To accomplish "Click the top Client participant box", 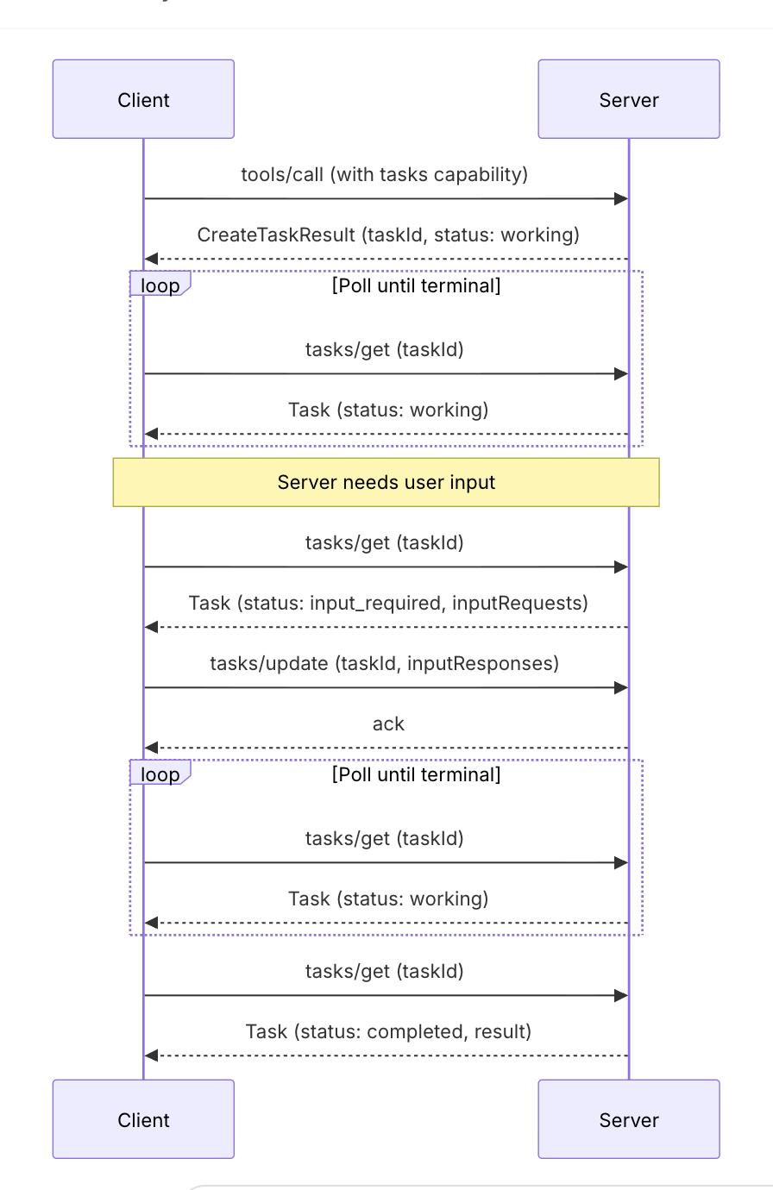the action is (143, 99).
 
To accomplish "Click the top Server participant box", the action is (628, 99).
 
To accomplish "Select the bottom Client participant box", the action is (143, 1118).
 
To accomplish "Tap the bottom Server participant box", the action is (628, 1118).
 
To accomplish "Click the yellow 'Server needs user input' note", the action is (386, 482).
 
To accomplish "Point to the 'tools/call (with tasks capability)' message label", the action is (385, 174).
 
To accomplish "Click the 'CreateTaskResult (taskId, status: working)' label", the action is (388, 235).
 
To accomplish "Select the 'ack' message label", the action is (388, 724).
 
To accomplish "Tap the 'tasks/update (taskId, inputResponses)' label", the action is (385, 663).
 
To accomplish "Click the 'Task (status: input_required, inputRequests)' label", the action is (388, 603).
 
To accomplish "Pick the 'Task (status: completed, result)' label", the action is (388, 1031).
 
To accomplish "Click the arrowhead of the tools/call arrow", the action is (621, 198).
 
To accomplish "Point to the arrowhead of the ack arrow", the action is (152, 748).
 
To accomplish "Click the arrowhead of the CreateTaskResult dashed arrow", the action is (152, 259).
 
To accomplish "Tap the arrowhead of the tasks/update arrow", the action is (621, 687).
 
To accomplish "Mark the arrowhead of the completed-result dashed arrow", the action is (152, 1055).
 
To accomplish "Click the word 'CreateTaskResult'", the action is (276, 235).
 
